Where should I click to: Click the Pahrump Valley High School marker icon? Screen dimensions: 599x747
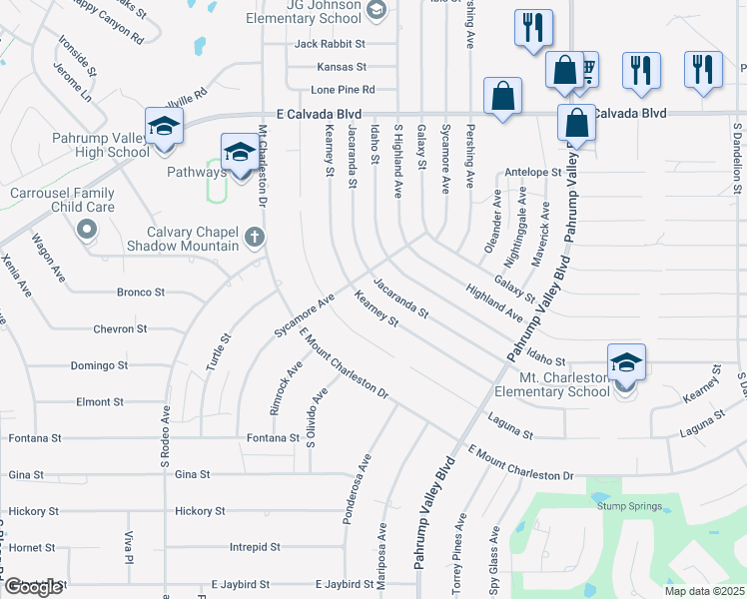pyautogui.click(x=164, y=127)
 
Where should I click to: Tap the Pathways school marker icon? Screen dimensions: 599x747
pyautogui.click(x=239, y=153)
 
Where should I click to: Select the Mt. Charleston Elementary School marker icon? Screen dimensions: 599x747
pyautogui.click(x=626, y=363)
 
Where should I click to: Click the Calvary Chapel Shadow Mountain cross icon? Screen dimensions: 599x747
pyautogui.click(x=255, y=238)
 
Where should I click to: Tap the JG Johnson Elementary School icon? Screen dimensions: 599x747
pyautogui.click(x=376, y=11)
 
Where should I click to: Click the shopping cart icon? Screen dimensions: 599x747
pyautogui.click(x=586, y=70)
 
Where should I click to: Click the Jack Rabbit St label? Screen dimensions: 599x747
pyautogui.click(x=331, y=44)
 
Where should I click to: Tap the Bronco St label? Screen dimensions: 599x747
pyautogui.click(x=141, y=293)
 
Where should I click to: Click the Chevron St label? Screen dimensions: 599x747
pyautogui.click(x=120, y=328)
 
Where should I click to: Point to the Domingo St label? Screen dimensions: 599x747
pyautogui.click(x=99, y=365)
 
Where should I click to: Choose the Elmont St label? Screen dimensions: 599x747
pyautogui.click(x=99, y=401)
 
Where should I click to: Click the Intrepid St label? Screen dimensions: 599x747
pyautogui.click(x=255, y=547)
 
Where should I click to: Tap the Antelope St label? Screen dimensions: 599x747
pyautogui.click(x=533, y=172)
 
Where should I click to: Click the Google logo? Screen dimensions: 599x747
pyautogui.click(x=33, y=587)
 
